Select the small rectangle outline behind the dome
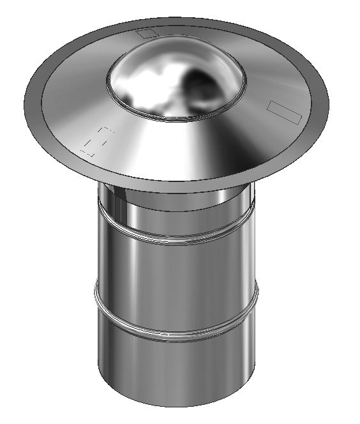click(148, 33)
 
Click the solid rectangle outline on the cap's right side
click(283, 110)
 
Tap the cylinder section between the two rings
click(176, 281)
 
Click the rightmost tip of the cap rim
click(329, 102)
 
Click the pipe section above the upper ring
click(176, 211)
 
